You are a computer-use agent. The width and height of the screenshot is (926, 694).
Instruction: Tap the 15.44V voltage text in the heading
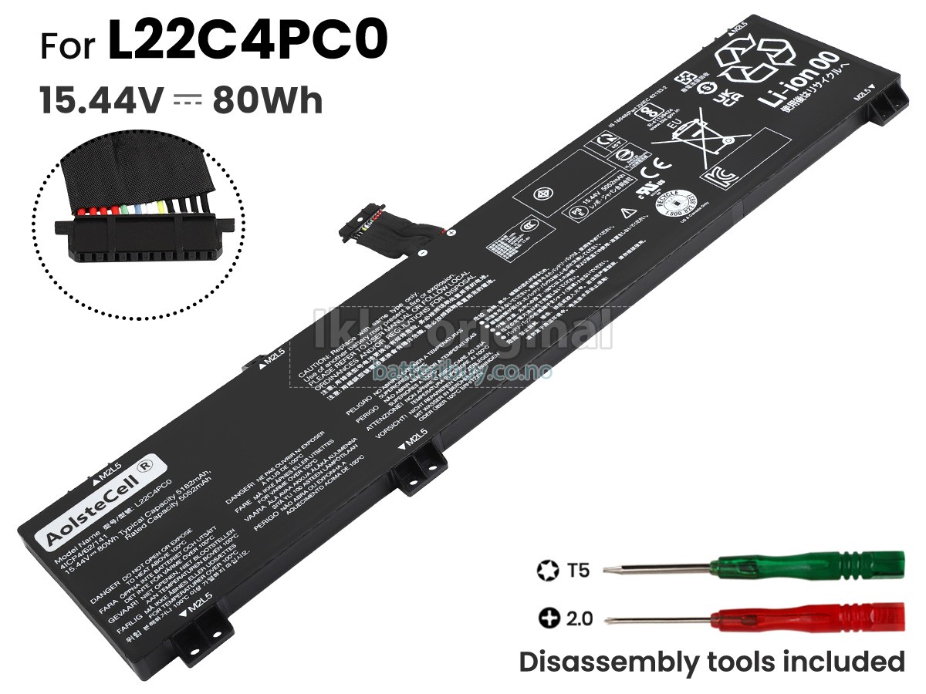click(x=101, y=101)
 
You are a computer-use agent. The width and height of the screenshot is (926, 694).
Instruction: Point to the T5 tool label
click(x=578, y=571)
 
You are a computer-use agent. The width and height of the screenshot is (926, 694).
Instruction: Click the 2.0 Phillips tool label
click(x=580, y=618)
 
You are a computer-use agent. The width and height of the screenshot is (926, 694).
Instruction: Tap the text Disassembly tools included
click(x=711, y=662)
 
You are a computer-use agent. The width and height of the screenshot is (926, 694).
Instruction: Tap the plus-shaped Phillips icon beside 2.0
click(x=549, y=618)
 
